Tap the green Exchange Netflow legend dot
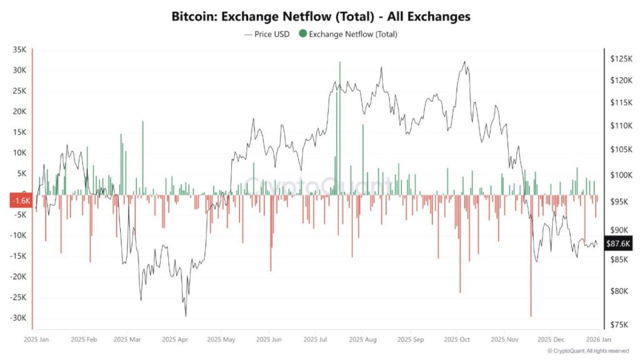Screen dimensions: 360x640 pyautogui.click(x=303, y=34)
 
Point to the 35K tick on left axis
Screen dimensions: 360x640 pyautogui.click(x=18, y=49)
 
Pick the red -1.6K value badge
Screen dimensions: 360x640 pyautogui.click(x=20, y=201)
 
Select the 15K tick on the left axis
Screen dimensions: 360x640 pyautogui.click(x=18, y=132)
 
